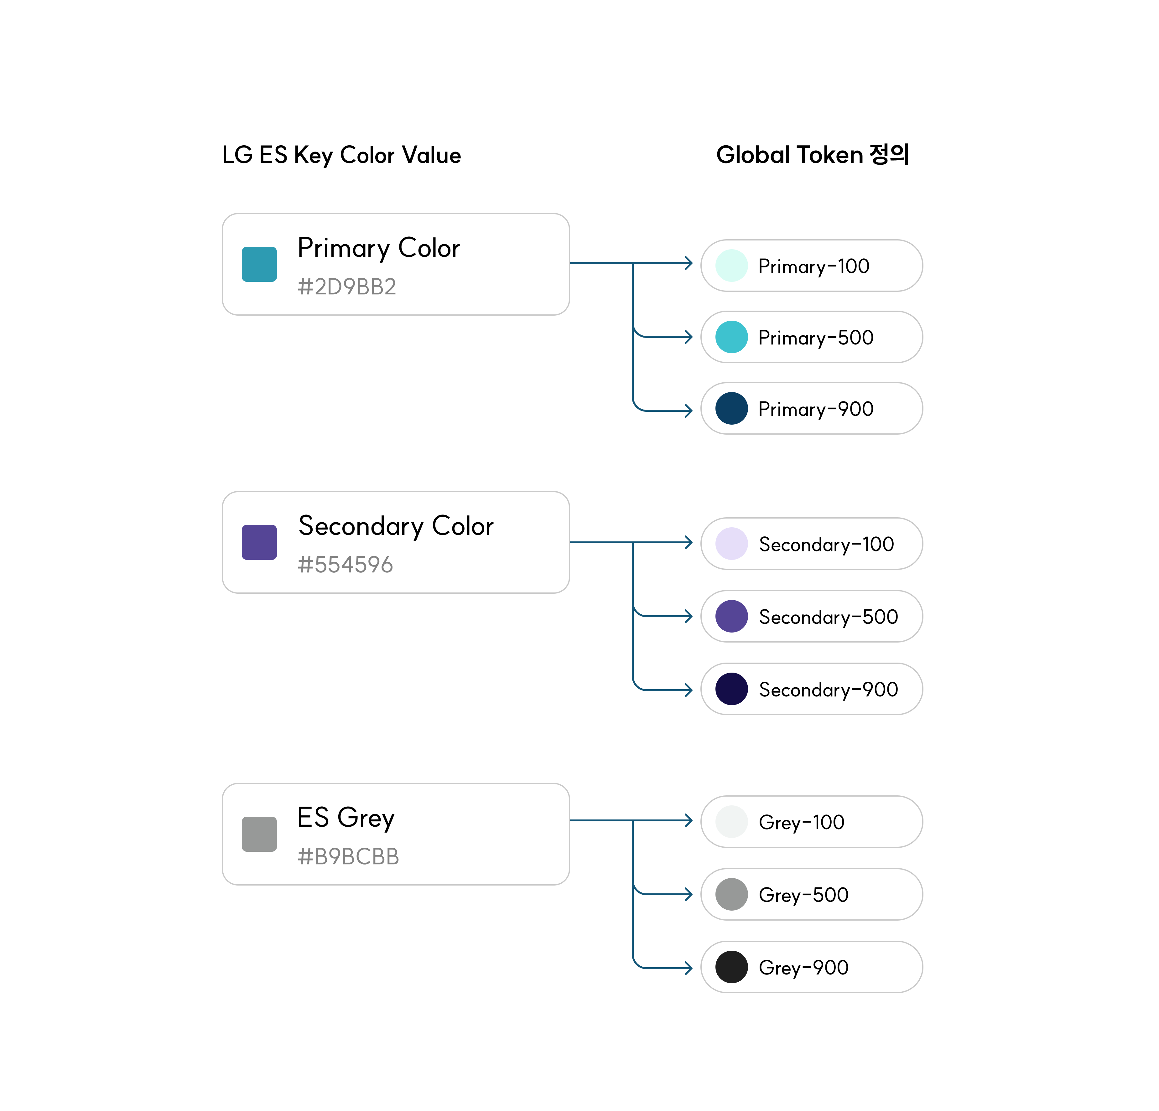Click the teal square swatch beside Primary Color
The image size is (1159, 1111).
coord(259,264)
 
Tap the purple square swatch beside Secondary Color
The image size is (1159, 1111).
coord(259,542)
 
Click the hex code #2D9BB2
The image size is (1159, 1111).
coord(346,287)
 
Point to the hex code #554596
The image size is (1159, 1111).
coord(345,565)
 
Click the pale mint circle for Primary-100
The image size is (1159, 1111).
coord(731,266)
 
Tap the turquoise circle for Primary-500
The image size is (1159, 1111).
coord(731,337)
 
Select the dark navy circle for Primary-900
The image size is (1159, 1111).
coord(731,409)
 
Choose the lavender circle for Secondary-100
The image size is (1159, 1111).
coord(731,543)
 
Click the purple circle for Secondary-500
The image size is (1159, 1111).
coord(731,616)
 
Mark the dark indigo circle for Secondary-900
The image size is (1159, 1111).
coord(731,689)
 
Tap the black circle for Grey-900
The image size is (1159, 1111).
coord(731,967)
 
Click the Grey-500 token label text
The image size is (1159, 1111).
coord(803,895)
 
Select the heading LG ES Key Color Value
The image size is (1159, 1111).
coord(341,155)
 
